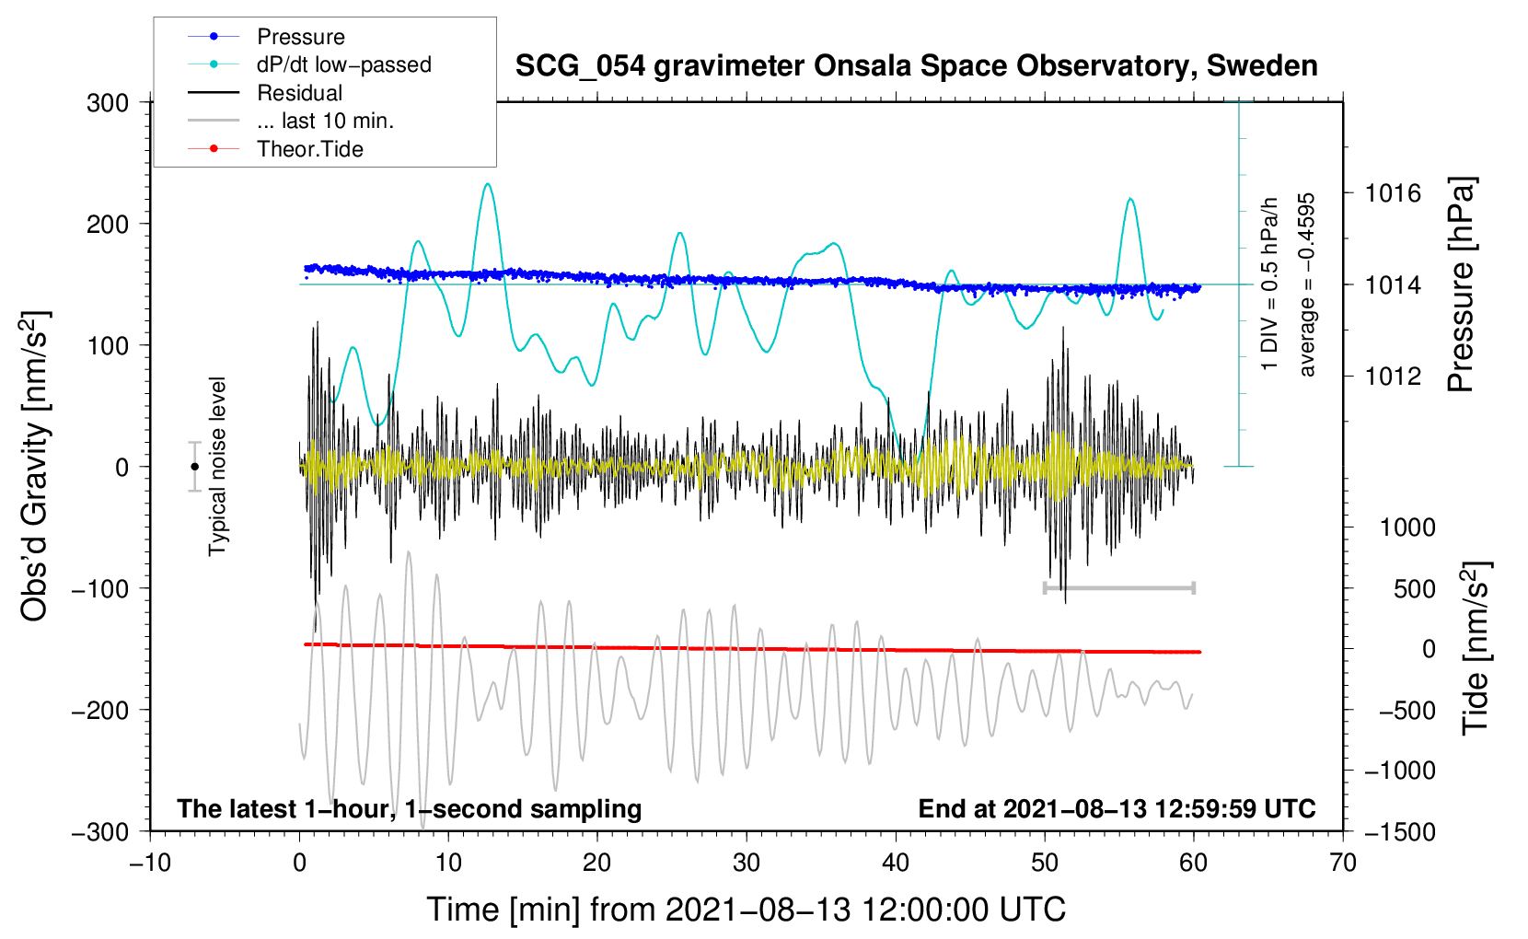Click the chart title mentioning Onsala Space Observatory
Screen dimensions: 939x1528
(916, 66)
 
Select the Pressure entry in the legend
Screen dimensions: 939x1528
(301, 37)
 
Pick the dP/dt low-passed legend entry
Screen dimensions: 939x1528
(343, 64)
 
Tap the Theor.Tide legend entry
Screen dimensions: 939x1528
(310, 149)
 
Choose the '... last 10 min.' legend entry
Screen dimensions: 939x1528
(325, 121)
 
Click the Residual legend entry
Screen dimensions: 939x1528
(299, 93)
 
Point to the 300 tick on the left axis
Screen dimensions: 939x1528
(108, 103)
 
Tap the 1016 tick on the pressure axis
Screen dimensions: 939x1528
(1393, 193)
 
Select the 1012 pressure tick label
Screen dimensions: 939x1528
(1393, 376)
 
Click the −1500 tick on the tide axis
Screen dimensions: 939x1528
(1399, 831)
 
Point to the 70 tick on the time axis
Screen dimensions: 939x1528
(1343, 864)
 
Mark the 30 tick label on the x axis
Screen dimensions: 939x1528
(747, 864)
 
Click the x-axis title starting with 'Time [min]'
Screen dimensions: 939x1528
(747, 910)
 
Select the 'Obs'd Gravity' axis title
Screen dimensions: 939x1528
(35, 467)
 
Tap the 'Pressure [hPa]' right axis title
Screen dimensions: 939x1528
(1462, 284)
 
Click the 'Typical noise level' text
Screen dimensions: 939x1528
(217, 467)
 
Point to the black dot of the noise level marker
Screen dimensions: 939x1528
(194, 467)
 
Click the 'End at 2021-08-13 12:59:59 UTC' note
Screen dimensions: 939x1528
(1117, 808)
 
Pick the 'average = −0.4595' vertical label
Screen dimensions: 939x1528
(1307, 284)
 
